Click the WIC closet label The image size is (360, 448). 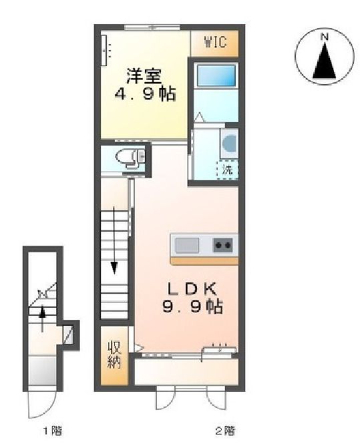(x=215, y=43)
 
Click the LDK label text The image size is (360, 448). (x=192, y=288)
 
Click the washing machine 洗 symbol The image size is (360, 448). (x=228, y=170)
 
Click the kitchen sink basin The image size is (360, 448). (x=188, y=245)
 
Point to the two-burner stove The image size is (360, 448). (x=224, y=245)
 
